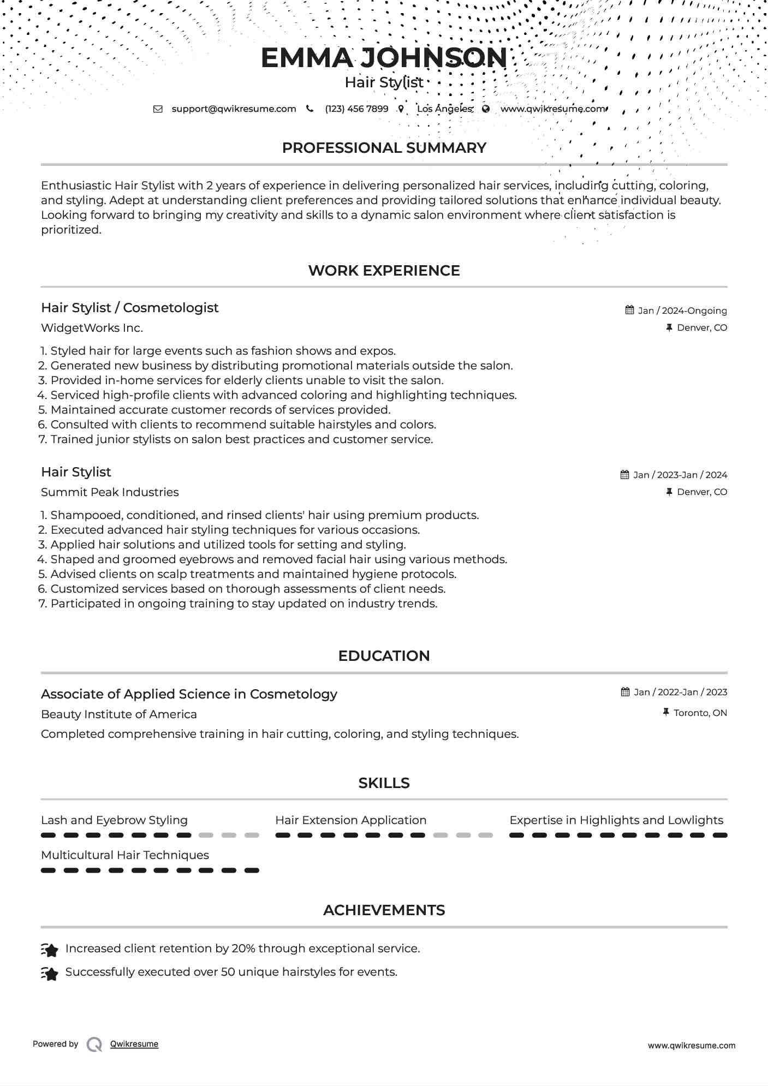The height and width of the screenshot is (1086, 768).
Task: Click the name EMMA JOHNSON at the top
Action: coord(384,58)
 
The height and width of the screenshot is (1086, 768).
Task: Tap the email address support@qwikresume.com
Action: coord(234,109)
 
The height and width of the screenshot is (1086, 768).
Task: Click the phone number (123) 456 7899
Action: coord(356,109)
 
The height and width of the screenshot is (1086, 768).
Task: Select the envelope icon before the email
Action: coord(158,109)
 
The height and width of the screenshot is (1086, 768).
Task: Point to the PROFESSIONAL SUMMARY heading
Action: coord(384,148)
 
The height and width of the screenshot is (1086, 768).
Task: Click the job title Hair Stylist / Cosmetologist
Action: coord(129,308)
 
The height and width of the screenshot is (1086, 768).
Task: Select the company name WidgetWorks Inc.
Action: coord(92,328)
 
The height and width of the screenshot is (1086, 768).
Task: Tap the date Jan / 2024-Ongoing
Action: coord(682,311)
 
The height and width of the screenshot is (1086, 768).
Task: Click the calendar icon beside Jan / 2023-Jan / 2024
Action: coord(625,475)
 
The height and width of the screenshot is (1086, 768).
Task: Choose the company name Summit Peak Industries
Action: coord(110,492)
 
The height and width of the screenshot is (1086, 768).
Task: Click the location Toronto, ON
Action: coord(700,713)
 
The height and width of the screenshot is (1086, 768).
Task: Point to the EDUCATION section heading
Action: coord(384,656)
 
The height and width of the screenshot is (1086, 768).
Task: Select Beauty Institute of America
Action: coord(118,714)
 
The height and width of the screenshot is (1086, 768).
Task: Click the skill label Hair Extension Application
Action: coord(350,820)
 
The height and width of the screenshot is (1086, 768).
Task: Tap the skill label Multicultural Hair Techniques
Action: coord(125,855)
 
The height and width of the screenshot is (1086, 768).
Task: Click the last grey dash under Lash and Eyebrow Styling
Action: coord(252,836)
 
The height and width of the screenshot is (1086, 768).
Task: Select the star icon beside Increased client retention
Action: coord(50,950)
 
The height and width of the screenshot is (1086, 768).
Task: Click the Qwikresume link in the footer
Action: coord(134,1044)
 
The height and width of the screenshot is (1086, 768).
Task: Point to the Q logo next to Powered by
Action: coord(94,1045)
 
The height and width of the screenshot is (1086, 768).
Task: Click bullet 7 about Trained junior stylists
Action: coord(241,439)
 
